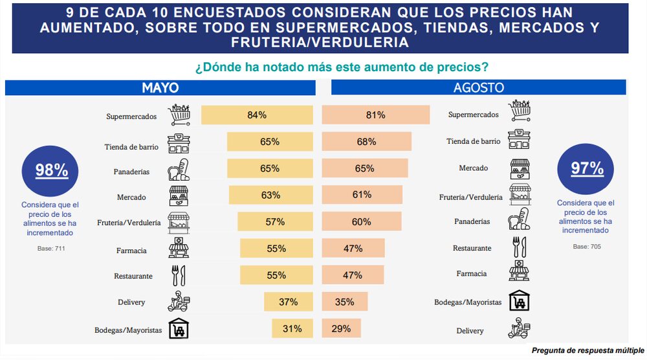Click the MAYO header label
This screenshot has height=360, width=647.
coord(160,88)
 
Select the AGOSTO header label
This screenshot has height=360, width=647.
coord(479,88)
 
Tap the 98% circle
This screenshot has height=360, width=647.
coord(51,170)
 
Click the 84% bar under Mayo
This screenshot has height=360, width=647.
coord(257,115)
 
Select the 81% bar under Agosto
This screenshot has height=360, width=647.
coord(375,115)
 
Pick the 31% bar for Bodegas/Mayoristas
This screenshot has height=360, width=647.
coord(292,328)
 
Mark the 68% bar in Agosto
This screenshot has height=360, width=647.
coord(366,142)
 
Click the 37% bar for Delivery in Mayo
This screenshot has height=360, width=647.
coord(288,302)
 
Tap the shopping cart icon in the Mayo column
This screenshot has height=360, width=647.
coord(179,115)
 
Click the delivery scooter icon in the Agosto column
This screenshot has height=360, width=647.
coord(519,328)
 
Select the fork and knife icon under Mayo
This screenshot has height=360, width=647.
coord(179,275)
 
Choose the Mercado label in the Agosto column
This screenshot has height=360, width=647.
coord(474,168)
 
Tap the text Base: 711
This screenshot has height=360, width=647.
coord(51,248)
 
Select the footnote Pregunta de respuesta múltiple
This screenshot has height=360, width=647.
coord(587,351)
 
